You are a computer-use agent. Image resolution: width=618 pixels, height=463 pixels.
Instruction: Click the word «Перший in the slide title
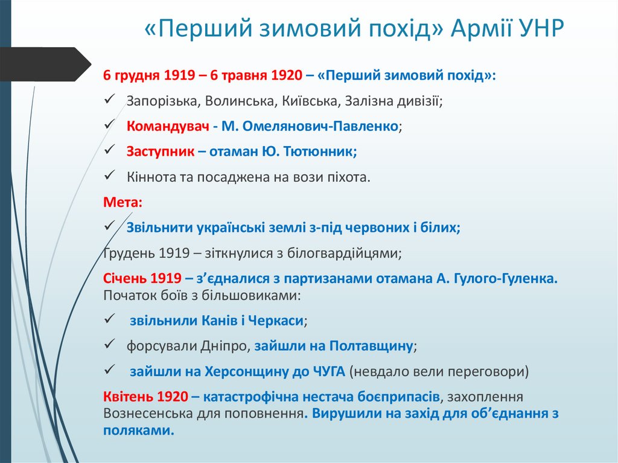(193, 30)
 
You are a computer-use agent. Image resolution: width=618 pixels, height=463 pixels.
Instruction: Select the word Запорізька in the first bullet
(159, 101)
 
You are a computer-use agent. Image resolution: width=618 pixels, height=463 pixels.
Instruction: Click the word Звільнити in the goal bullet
(159, 228)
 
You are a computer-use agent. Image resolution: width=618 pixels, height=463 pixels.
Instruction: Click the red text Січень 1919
(142, 278)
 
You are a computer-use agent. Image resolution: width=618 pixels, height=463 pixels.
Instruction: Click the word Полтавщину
(371, 346)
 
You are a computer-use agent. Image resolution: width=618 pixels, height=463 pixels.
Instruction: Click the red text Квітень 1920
(145, 397)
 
